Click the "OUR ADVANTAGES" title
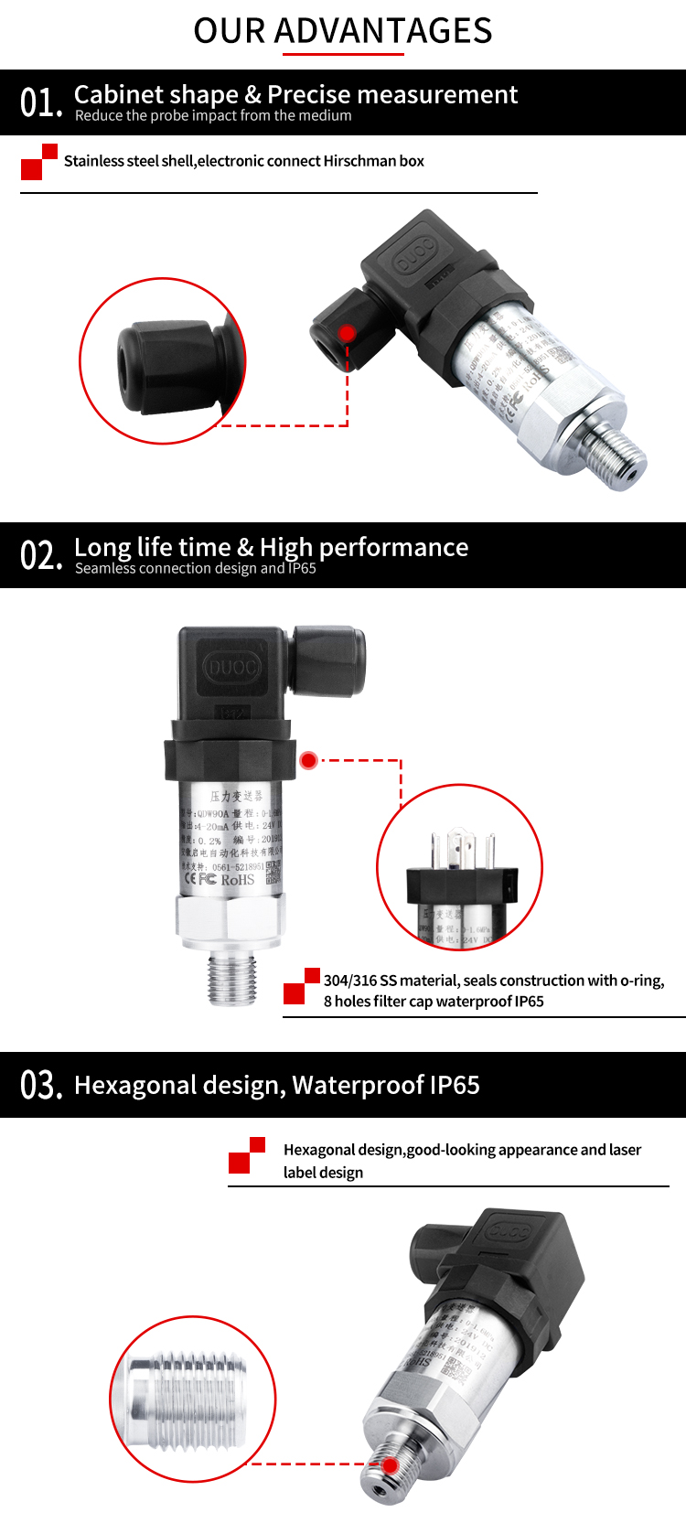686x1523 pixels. (x=342, y=30)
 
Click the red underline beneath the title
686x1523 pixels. (x=343, y=54)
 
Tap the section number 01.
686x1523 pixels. (x=40, y=102)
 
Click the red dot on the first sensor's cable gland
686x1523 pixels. (x=347, y=332)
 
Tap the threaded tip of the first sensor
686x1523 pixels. (x=621, y=461)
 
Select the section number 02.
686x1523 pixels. (x=40, y=555)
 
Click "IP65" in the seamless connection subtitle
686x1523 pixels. (x=302, y=568)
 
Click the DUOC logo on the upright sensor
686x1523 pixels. (x=232, y=667)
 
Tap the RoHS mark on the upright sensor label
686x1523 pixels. (x=237, y=879)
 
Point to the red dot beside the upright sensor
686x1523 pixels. (x=308, y=760)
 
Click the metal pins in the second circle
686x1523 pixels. (x=462, y=848)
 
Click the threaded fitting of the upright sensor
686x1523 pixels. (x=232, y=978)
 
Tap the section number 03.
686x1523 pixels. (x=40, y=1085)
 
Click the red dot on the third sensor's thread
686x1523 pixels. (x=390, y=1465)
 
